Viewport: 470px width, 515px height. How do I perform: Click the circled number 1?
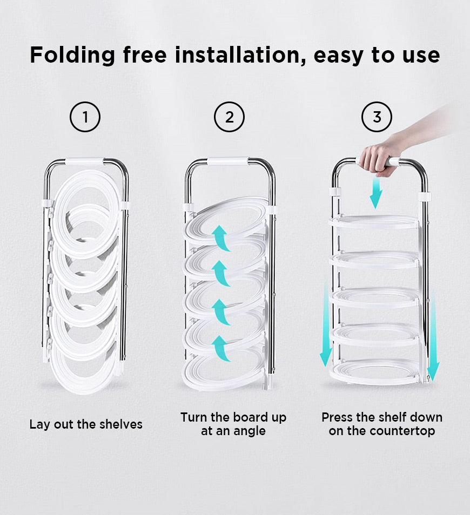85,117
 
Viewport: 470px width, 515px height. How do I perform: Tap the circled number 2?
229,117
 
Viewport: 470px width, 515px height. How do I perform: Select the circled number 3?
377,117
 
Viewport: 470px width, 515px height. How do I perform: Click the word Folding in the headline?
72,56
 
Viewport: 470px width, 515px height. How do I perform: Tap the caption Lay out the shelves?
86,424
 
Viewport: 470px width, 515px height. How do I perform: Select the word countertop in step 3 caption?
407,431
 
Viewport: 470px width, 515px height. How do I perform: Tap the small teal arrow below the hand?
375,193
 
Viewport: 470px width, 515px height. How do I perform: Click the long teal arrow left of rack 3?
326,323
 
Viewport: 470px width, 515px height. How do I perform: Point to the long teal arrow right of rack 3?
433,335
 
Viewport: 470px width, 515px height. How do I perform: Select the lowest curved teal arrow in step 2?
220,348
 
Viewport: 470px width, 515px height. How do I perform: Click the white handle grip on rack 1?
85,161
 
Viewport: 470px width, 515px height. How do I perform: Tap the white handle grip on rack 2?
228,161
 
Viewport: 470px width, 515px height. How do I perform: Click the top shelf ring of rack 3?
374,222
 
